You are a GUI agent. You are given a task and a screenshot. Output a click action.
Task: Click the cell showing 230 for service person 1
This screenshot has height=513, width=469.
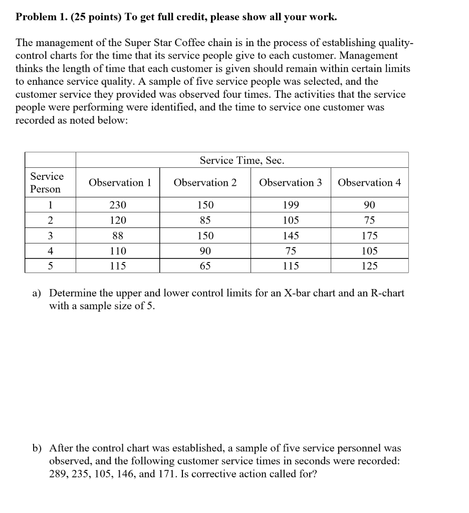tap(118, 205)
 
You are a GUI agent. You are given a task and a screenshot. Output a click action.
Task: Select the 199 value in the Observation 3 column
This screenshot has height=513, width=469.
tap(291, 205)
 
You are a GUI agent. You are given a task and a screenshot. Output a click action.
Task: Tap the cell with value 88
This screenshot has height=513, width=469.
tap(118, 235)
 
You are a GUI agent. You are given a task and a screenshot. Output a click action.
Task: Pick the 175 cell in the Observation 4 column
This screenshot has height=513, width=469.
tap(369, 235)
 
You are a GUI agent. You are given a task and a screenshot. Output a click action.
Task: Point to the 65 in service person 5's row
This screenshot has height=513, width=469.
tap(205, 266)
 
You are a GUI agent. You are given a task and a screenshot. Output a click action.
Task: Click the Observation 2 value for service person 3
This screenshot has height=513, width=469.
tap(205, 235)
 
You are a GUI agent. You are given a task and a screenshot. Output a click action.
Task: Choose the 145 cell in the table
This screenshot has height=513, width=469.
tap(291, 235)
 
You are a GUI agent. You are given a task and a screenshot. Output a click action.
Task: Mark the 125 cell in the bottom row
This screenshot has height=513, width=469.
tap(369, 266)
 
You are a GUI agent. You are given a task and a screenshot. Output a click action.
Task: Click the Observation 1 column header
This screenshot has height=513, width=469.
tap(120, 183)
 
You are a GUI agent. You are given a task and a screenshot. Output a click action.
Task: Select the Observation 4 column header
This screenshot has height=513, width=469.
tap(369, 183)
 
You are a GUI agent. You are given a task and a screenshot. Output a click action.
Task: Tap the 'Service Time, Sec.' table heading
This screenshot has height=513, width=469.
tap(242, 160)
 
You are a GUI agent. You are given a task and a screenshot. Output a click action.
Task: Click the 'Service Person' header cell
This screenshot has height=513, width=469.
tap(47, 183)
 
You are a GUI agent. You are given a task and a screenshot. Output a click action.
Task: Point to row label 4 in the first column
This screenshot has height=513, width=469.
tap(50, 251)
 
